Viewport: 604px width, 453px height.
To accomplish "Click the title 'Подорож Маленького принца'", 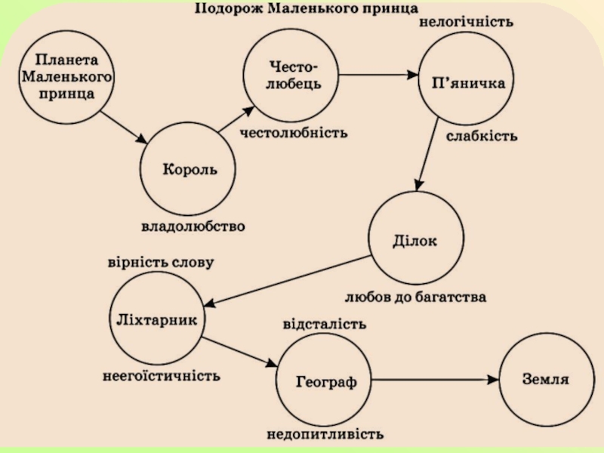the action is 307,9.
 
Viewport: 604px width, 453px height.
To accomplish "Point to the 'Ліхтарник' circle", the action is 158,319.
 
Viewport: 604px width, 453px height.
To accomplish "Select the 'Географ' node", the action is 326,381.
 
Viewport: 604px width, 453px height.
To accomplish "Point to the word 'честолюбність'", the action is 294,133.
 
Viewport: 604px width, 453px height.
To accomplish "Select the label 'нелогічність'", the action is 466,23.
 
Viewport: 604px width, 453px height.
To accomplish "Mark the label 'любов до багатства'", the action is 415,297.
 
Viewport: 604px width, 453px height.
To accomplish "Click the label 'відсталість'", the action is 325,324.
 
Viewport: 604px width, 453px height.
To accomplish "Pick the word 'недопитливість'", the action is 325,435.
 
